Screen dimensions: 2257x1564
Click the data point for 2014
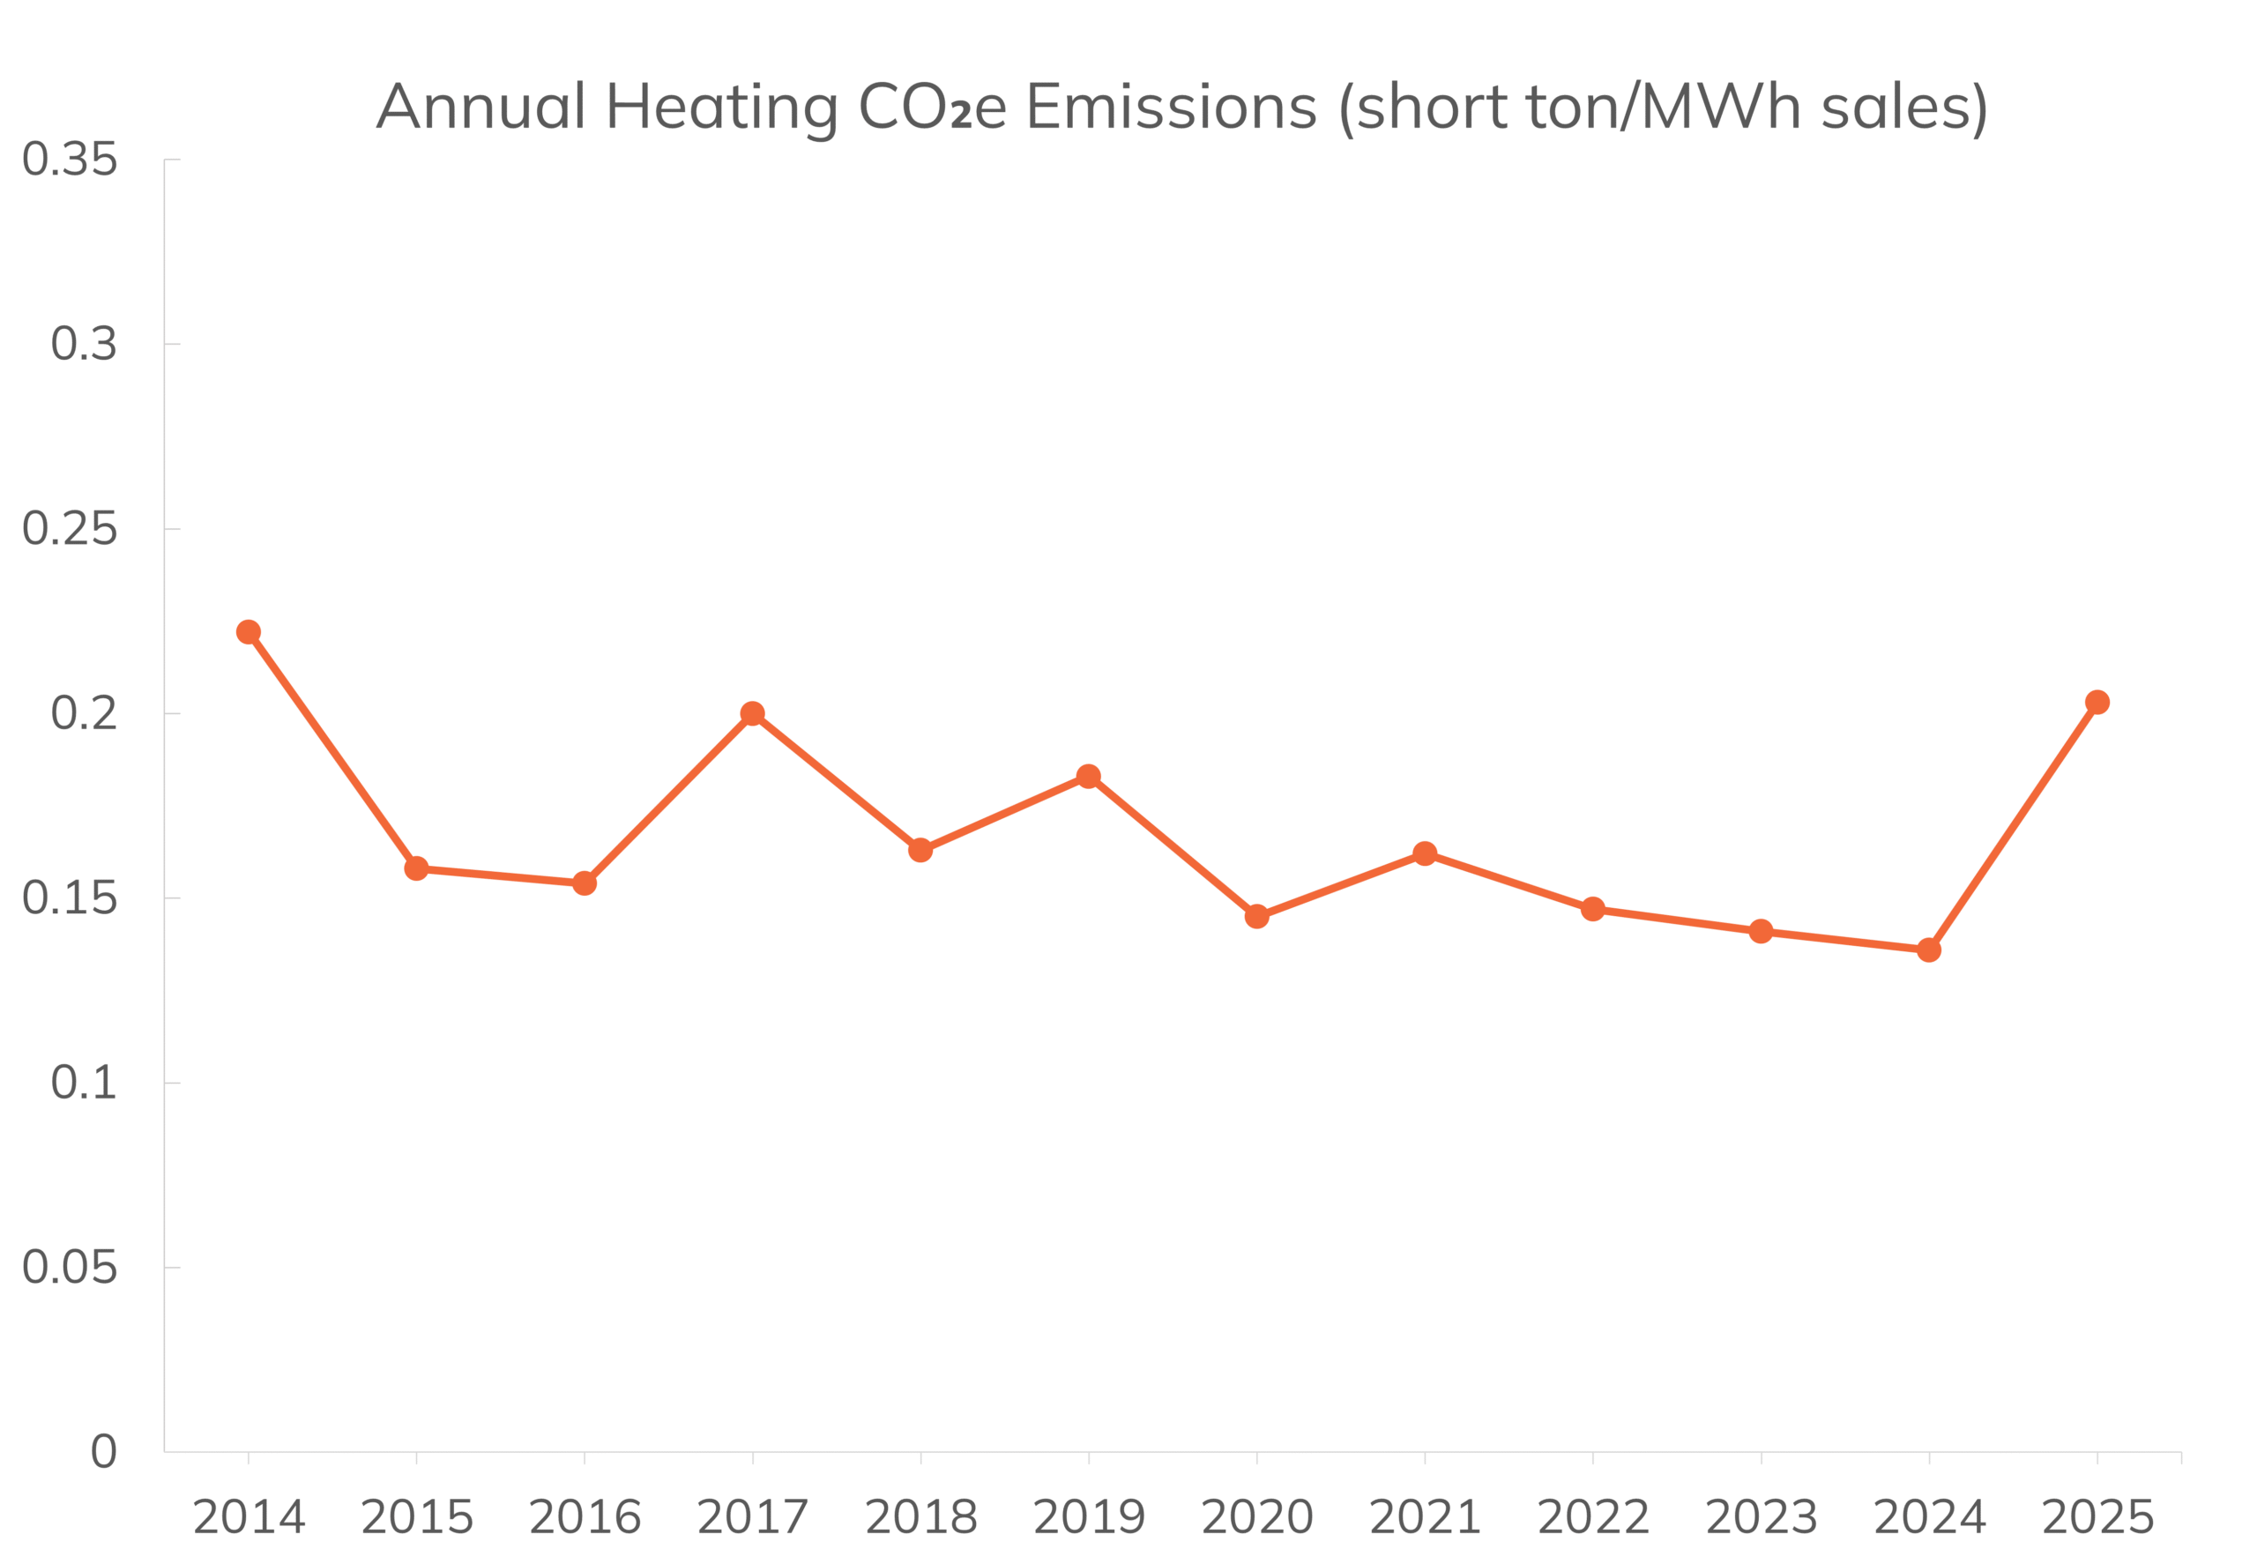click(248, 632)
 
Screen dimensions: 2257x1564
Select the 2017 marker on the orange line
click(752, 713)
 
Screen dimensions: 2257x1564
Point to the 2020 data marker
click(1256, 916)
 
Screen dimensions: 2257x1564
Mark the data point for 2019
click(1088, 776)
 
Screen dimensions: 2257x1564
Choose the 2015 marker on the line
click(415, 868)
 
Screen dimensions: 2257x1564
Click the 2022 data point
click(1592, 909)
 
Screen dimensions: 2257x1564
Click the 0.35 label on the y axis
click(70, 159)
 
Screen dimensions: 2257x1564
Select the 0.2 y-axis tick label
click(85, 713)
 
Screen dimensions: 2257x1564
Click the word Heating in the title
click(722, 108)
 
